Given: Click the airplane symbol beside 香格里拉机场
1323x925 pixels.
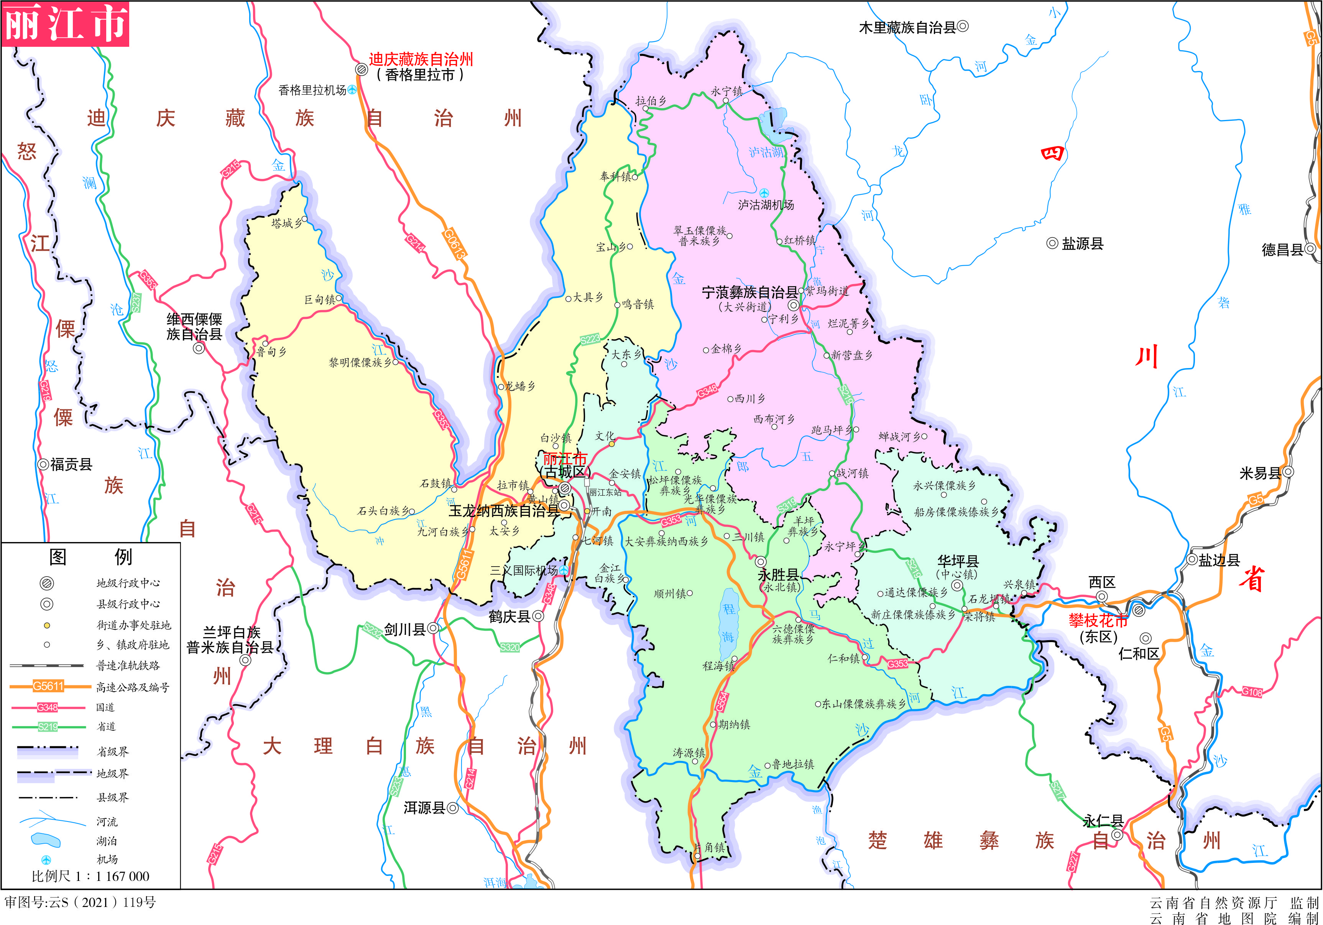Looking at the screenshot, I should (352, 90).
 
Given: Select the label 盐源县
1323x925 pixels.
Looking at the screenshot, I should (1081, 244).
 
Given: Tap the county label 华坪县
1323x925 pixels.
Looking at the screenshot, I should (958, 561).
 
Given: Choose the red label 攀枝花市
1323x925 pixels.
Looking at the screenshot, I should (1098, 621).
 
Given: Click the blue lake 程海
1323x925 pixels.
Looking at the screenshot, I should (728, 625).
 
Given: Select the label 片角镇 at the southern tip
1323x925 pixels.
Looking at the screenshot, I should (709, 847).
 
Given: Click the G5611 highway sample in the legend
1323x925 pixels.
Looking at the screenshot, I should (48, 686).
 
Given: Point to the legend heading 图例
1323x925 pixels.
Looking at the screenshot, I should (90, 557).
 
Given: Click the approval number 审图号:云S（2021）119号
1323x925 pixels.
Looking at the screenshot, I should (81, 902).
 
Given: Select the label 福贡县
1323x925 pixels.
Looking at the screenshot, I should (71, 465).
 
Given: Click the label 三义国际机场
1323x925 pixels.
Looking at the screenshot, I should (523, 570).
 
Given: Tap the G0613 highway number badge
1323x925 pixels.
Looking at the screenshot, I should (454, 244).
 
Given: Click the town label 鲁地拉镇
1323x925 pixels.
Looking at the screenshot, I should (793, 764).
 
